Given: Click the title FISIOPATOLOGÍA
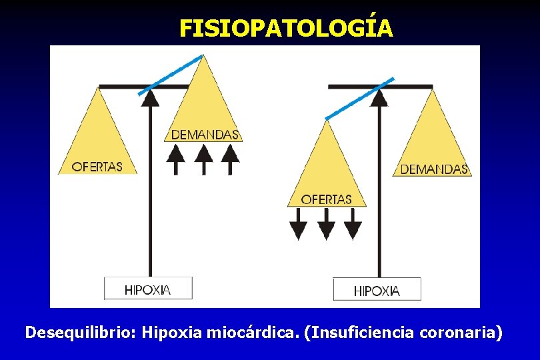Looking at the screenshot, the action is [x=286, y=28].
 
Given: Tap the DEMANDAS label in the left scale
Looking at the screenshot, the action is [x=205, y=135].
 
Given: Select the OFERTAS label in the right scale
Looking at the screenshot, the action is [x=326, y=199].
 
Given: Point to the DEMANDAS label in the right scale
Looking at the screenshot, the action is [x=434, y=169].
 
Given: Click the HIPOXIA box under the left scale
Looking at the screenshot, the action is [x=148, y=289].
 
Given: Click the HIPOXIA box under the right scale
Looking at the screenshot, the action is [x=377, y=290].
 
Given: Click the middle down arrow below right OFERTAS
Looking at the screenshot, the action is [x=326, y=223].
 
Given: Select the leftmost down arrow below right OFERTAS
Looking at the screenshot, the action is [x=299, y=223].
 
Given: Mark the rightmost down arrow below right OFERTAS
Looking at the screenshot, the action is [x=353, y=223].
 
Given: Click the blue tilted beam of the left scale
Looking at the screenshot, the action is [x=171, y=75].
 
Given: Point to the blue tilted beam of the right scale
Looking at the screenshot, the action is [x=359, y=99].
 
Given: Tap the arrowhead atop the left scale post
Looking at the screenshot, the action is [x=151, y=97].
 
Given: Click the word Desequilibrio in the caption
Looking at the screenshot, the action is [x=81, y=332].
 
